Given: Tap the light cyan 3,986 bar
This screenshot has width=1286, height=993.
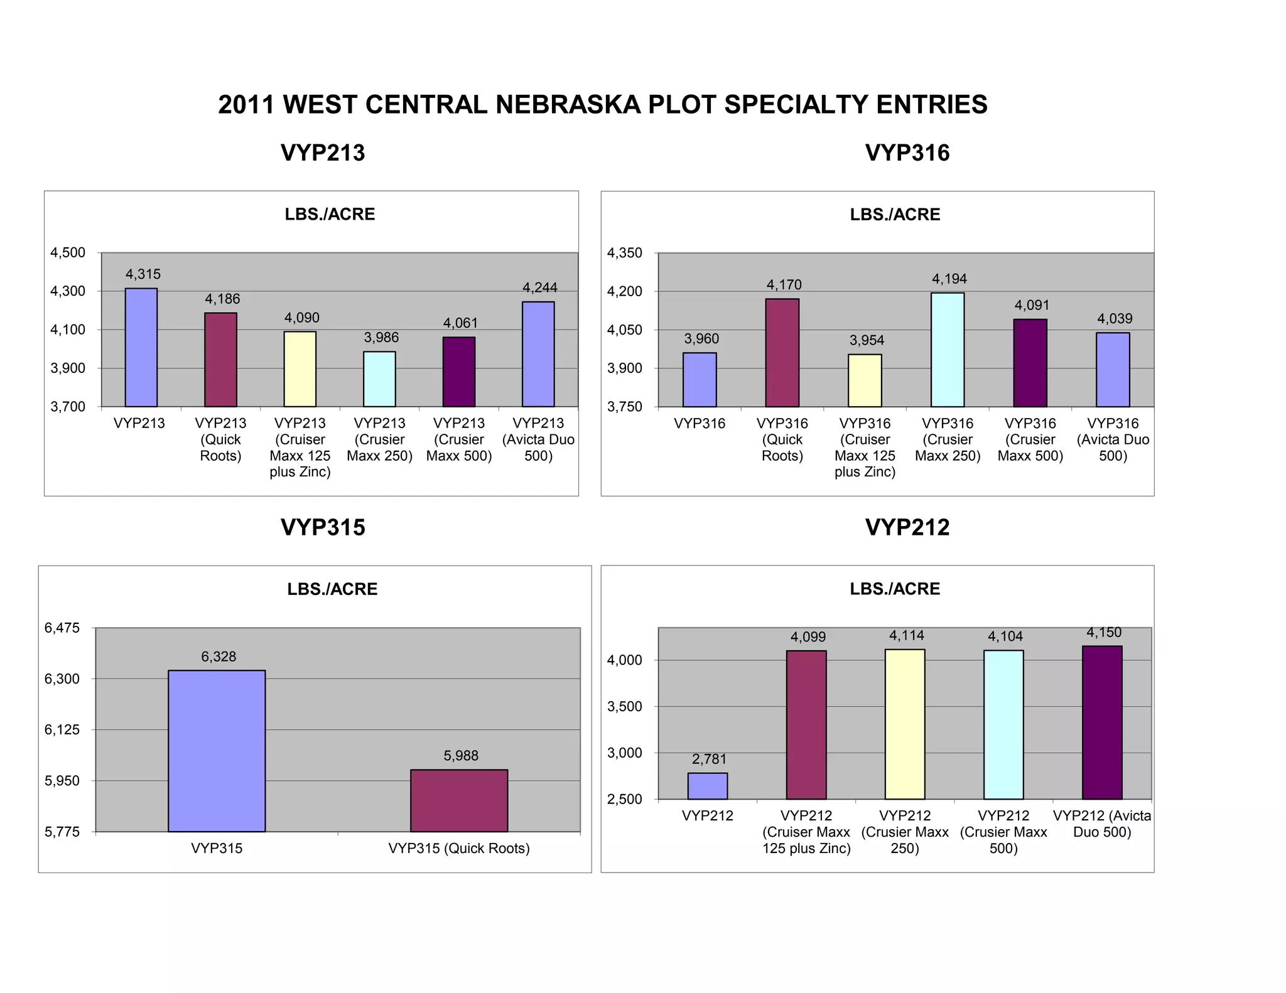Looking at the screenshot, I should point(379,379).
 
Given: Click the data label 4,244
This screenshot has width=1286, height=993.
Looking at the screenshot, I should point(540,287).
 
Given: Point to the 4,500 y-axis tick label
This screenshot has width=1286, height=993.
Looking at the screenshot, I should point(68,253).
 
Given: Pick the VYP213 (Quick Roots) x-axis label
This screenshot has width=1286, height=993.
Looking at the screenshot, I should point(220,439).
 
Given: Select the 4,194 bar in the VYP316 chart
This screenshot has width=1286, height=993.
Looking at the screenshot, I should point(948,350).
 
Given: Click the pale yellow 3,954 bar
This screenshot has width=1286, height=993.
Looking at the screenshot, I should point(865,380).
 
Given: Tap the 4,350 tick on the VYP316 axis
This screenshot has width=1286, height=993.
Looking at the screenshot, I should point(624,253).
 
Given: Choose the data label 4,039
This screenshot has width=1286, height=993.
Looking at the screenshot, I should point(1115,319).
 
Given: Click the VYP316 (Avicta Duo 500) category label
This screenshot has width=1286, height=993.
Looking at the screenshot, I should point(1113,439).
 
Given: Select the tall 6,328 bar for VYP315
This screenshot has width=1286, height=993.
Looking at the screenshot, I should point(217,751).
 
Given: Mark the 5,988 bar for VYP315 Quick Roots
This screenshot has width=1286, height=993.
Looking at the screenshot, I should point(459,800).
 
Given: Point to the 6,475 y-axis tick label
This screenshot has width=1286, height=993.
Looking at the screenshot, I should point(62,628).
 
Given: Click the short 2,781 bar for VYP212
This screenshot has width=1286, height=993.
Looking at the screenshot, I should point(708,786).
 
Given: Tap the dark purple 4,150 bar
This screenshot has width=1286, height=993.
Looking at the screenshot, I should point(1102,722).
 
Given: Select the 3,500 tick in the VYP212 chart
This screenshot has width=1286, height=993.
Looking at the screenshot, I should point(624,707).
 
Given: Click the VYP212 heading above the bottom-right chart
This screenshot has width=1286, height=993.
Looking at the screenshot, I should point(907,527).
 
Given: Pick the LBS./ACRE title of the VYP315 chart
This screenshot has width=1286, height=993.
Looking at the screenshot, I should point(332,589).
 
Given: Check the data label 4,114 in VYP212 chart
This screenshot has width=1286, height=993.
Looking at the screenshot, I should point(906,636).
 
